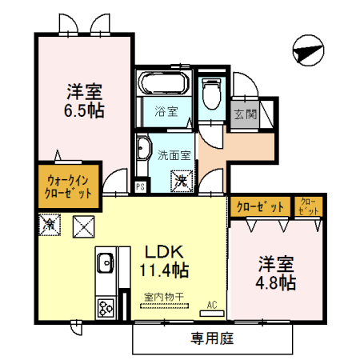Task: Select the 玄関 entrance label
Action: click(246, 113)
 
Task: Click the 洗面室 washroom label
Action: click(173, 154)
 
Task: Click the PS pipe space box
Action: click(141, 186)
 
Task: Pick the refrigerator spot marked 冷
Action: click(50, 225)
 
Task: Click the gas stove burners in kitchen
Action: click(105, 306)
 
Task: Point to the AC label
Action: click(212, 303)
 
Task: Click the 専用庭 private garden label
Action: click(212, 338)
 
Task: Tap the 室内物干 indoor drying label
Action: click(164, 297)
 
